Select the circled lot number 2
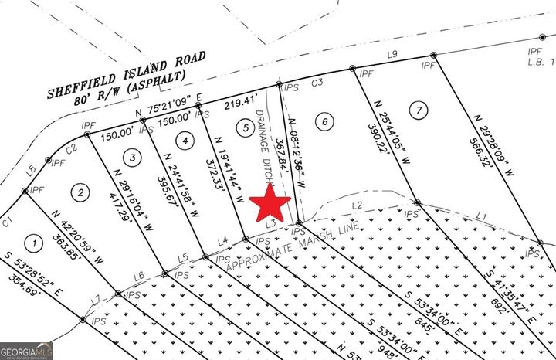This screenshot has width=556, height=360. point(80,191)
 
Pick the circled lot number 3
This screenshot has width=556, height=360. point(134,158)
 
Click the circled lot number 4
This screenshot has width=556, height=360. point(183,141)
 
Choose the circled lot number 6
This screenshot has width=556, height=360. point(325,121)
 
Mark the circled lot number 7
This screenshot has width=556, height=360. point(418,109)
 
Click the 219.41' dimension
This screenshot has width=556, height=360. point(239,100)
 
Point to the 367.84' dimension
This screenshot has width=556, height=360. point(282,158)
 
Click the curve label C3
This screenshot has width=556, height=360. point(317,83)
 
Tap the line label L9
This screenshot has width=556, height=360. point(392,54)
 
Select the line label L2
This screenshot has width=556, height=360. point(357,205)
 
